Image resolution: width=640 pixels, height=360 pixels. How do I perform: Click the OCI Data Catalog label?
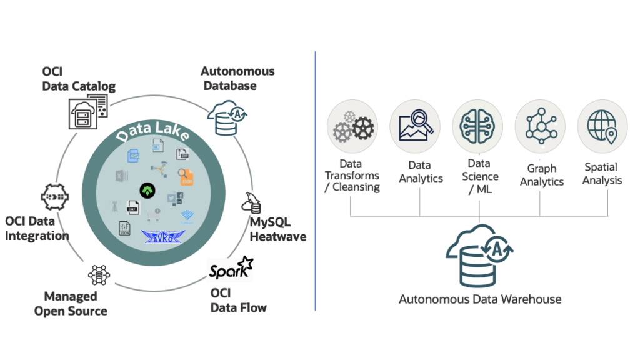coord(79,79)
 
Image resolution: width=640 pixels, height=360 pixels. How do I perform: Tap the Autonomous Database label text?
coord(237,79)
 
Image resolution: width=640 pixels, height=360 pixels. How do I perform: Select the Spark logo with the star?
coord(231,269)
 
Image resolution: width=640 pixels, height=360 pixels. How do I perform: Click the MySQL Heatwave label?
coord(277,229)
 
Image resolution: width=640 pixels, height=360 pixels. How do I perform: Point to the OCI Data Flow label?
coord(238,300)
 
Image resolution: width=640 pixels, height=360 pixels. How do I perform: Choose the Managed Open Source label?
coord(71,303)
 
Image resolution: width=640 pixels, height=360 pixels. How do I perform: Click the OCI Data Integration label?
coord(37,228)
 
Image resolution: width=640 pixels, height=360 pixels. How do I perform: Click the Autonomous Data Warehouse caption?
coord(480,299)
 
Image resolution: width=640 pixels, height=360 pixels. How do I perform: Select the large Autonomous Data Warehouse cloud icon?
coord(479,256)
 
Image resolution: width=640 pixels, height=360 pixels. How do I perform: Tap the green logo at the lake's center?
coord(148,188)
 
